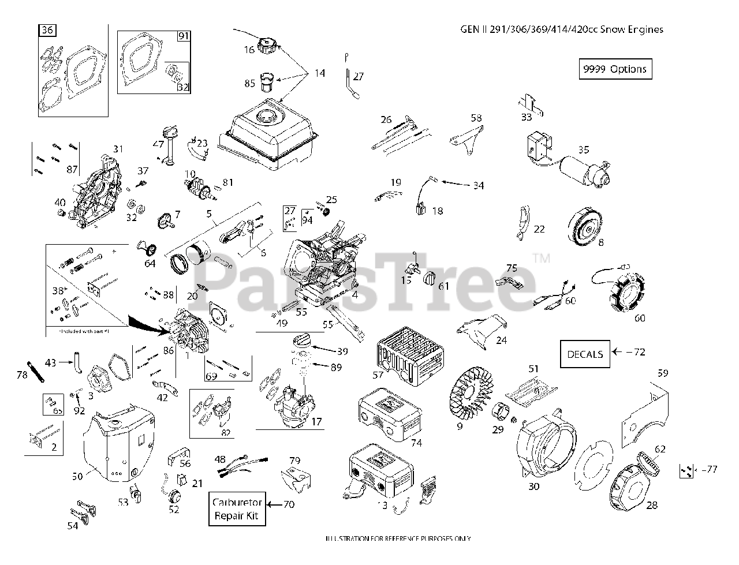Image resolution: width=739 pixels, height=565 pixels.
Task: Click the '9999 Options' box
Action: [x=615, y=69]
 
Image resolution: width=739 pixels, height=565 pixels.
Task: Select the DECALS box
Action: [x=585, y=354]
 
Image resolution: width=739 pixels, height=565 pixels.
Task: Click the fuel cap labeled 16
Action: [x=269, y=45]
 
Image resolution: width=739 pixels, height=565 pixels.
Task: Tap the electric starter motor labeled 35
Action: [x=583, y=170]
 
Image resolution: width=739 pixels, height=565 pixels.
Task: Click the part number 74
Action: [x=417, y=443]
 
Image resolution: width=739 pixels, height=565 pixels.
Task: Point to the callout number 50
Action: [x=77, y=476]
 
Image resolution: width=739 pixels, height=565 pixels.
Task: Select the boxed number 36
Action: [x=47, y=31]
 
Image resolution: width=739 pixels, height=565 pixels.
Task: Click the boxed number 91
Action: [x=183, y=36]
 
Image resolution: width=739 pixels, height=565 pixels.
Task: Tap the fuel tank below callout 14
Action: [x=268, y=133]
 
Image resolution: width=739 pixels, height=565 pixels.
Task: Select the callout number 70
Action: [x=289, y=504]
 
